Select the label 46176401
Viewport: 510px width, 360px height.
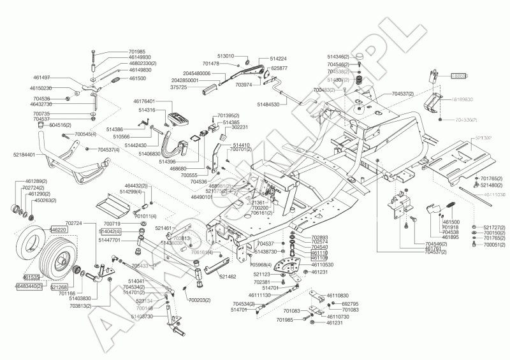(x=144, y=101)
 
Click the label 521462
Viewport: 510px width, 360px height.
(x=228, y=277)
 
